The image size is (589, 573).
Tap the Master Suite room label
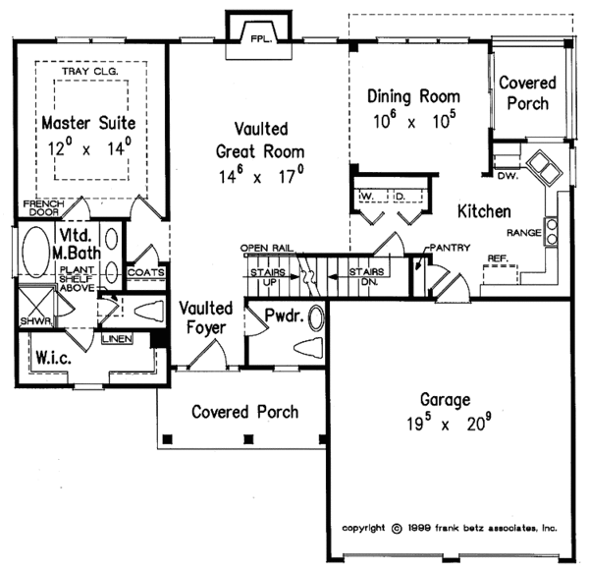pyautogui.click(x=87, y=125)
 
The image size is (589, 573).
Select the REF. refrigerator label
pyautogui.click(x=498, y=258)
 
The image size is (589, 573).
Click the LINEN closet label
pyautogui.click(x=118, y=338)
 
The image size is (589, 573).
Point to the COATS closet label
pyautogui.click(x=144, y=272)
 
